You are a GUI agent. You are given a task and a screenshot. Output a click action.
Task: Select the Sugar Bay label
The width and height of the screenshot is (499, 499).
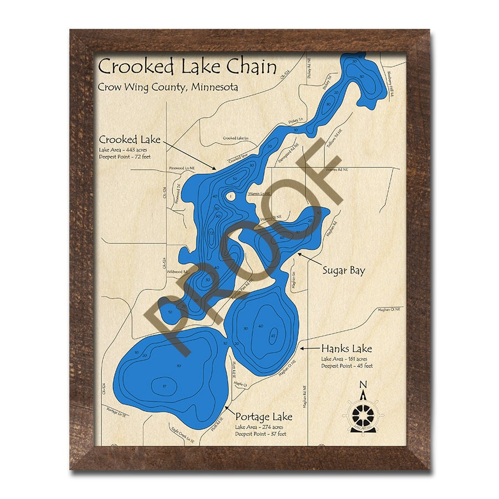(x=344, y=271)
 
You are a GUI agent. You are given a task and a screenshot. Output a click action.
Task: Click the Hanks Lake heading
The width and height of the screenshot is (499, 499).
(x=347, y=349)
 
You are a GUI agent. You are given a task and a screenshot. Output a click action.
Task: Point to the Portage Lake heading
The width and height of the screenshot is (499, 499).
(x=263, y=416)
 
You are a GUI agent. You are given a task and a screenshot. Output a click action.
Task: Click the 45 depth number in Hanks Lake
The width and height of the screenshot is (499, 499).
(x=273, y=335)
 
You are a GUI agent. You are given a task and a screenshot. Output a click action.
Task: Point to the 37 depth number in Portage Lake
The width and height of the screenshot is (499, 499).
(x=164, y=386)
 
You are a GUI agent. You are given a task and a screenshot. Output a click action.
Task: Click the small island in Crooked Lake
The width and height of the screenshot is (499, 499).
(x=230, y=196)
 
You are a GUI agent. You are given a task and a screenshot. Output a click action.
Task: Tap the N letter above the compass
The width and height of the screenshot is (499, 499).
(x=363, y=385)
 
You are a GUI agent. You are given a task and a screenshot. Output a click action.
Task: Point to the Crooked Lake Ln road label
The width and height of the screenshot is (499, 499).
(x=236, y=138)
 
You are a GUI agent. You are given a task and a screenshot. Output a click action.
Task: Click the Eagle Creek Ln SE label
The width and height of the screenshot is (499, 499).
(x=184, y=438)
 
